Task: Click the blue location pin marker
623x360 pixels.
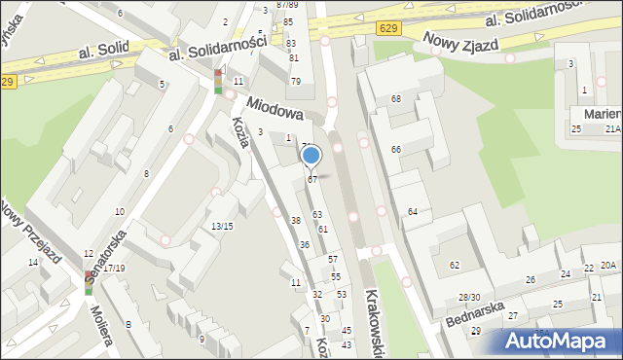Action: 311,156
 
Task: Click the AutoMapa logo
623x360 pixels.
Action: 559,341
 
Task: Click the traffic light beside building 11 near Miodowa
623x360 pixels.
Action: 218,81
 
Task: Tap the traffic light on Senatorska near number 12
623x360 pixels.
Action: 89,283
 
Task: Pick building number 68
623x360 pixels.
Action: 396,99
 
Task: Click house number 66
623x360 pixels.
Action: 396,149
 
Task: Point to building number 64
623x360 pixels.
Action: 413,211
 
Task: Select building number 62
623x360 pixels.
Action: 454,265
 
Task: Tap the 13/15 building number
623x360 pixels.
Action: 222,226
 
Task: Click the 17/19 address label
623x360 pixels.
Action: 114,268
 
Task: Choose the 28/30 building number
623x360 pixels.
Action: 469,297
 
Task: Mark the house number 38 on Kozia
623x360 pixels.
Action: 295,221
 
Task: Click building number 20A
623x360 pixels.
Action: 607,265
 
